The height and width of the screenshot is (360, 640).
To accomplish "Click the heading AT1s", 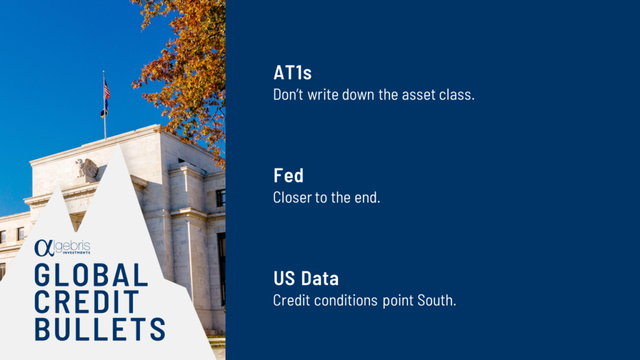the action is [x=292, y=72].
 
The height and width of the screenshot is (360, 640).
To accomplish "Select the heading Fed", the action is [x=289, y=176].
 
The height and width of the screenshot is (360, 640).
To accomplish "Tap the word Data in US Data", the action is [x=320, y=278].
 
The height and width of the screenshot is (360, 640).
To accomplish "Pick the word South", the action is [x=436, y=301].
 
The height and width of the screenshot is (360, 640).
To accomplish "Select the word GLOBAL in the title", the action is [x=91, y=275].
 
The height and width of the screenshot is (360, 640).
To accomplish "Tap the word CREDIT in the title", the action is [x=87, y=302].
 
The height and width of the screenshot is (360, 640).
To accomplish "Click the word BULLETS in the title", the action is [x=100, y=329].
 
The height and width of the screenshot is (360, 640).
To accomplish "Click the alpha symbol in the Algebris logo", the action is [x=44, y=247].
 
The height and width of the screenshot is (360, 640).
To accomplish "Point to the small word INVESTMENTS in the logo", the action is [x=76, y=252].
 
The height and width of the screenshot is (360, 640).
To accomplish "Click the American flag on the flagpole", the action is [x=106, y=90].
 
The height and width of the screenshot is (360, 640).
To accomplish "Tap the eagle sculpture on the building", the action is [x=87, y=167].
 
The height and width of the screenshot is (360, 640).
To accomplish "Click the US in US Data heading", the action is [x=284, y=278].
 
